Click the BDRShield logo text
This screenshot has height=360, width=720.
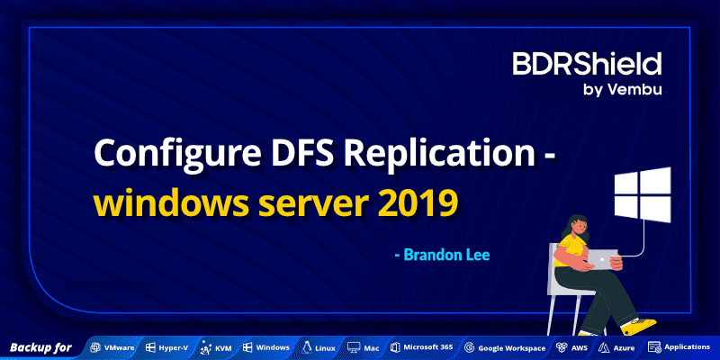click(x=587, y=64)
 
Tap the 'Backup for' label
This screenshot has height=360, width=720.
click(x=40, y=347)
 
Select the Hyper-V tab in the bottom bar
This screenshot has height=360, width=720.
click(x=170, y=347)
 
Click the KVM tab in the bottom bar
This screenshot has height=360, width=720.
click(x=217, y=347)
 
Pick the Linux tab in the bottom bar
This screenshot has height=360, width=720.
click(x=319, y=347)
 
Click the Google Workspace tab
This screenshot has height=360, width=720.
click(x=505, y=347)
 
